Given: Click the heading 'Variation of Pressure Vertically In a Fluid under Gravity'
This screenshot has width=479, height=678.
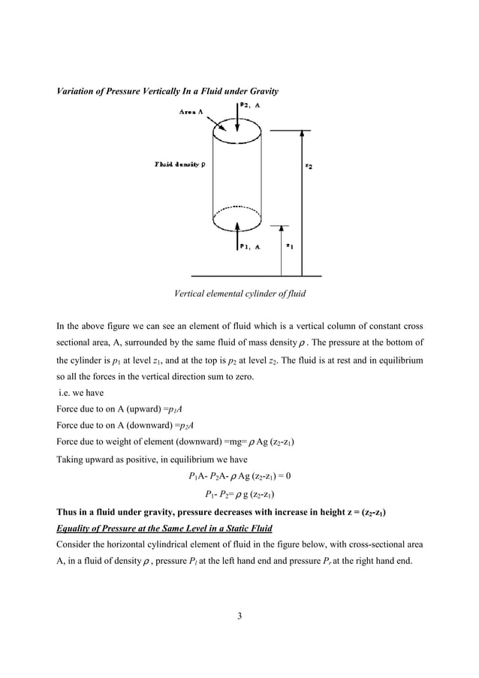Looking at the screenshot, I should coord(167,92).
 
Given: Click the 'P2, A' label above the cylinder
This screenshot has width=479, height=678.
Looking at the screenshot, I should coord(252,106).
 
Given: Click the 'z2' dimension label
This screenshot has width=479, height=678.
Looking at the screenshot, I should coord(309,167).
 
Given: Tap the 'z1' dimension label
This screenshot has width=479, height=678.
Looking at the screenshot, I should coord(290,246).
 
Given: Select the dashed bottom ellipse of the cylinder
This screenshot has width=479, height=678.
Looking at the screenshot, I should coord(238,218).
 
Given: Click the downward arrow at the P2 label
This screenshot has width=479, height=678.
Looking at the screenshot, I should coord(237,113).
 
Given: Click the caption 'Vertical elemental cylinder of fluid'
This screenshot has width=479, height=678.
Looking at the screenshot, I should coord(239,294).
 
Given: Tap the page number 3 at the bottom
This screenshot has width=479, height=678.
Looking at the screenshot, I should coord(239,616).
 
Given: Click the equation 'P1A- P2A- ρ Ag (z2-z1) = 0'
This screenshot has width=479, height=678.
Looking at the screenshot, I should coord(239,476).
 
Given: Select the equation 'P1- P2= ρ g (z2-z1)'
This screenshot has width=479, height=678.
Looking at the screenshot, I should coord(239,494).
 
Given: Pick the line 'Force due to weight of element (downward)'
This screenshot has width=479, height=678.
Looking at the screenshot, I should coord(175,442).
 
